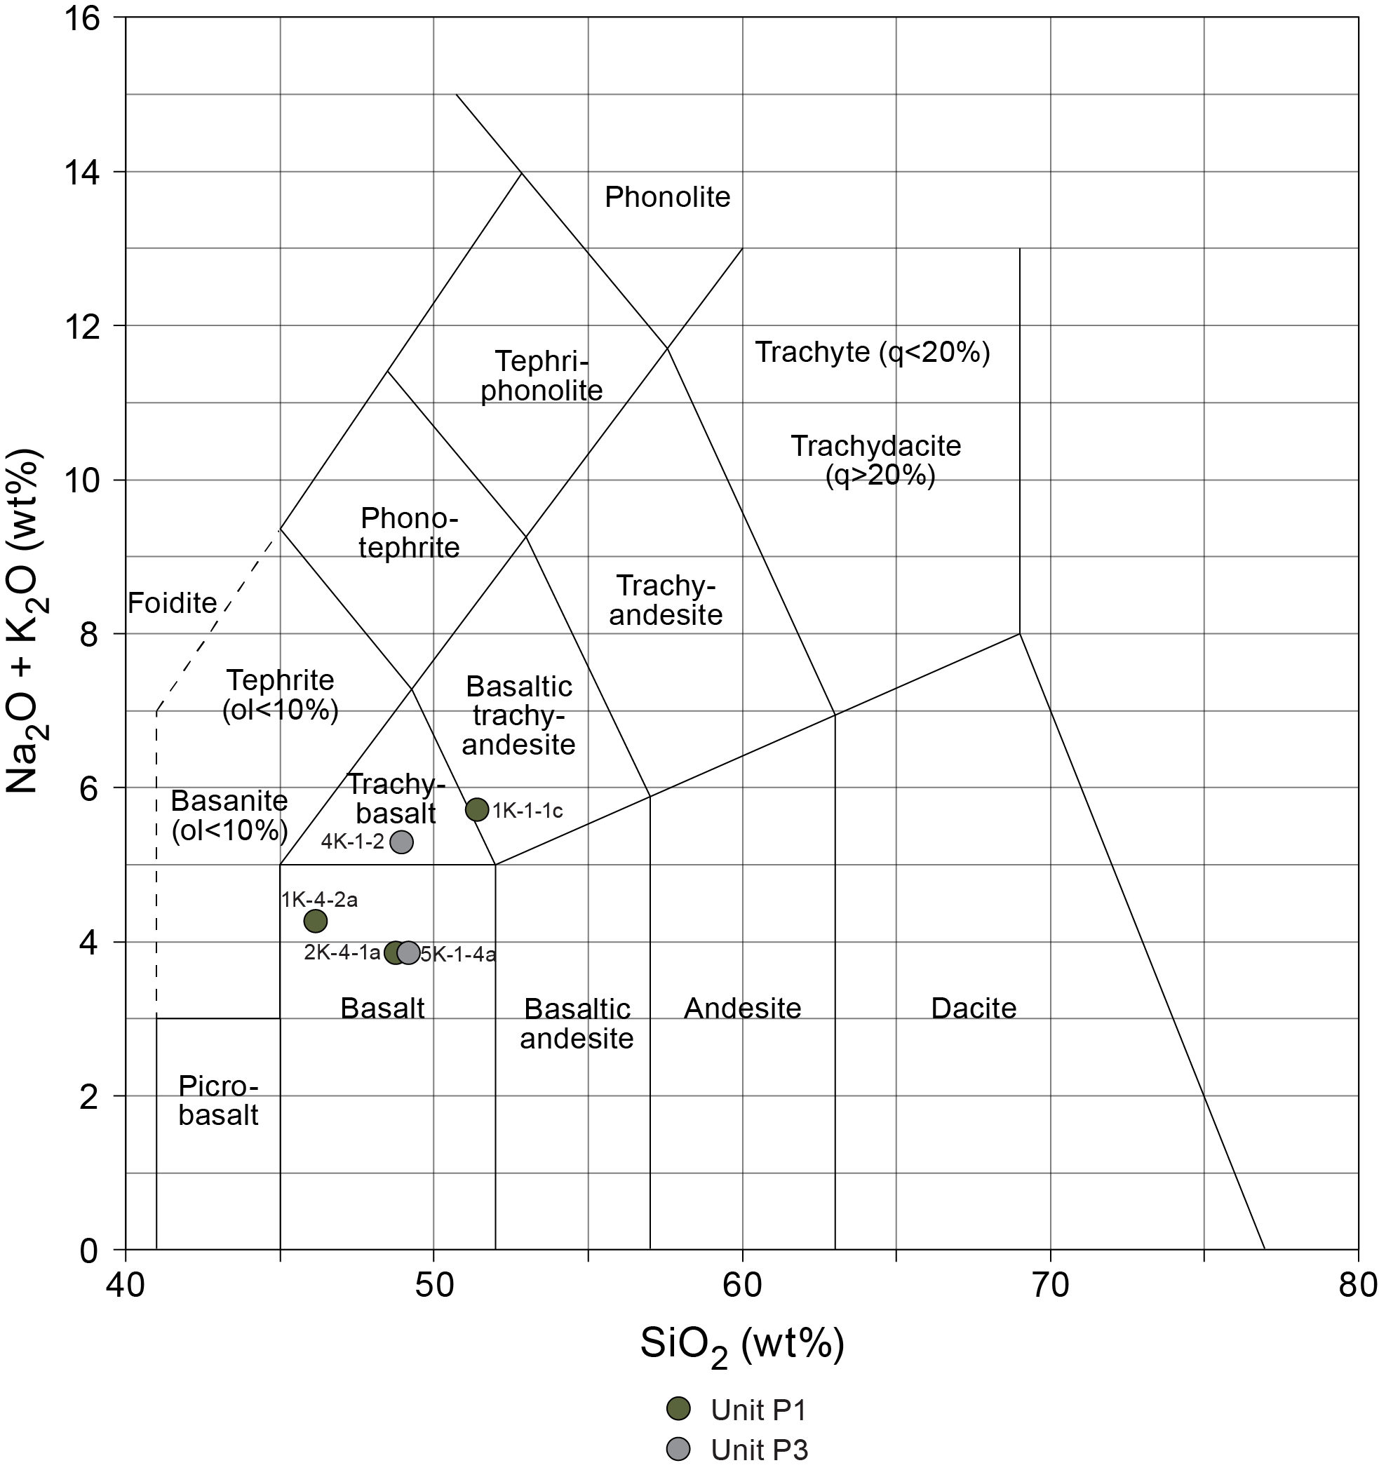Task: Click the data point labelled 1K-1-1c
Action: pos(477,809)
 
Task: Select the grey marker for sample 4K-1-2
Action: pos(401,842)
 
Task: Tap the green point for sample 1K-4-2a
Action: pos(316,921)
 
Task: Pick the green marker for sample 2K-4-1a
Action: pos(396,952)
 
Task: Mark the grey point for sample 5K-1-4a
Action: pos(409,952)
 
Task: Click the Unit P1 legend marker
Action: pos(678,1408)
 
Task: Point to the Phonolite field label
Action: pos(667,198)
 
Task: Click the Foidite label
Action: pos(173,603)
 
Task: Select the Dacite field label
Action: pos(973,1009)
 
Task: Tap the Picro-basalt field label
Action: pos(219,1100)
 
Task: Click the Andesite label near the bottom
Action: pos(742,1009)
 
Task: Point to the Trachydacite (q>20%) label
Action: pos(876,461)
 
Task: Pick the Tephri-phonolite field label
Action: pos(542,376)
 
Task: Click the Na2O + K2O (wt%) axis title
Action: pos(27,621)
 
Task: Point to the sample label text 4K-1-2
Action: pos(353,842)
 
